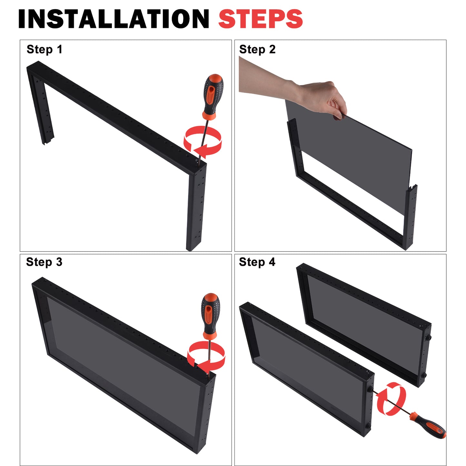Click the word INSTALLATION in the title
(114, 19)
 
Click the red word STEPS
(261, 19)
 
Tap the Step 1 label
(45, 49)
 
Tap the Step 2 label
(257, 49)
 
